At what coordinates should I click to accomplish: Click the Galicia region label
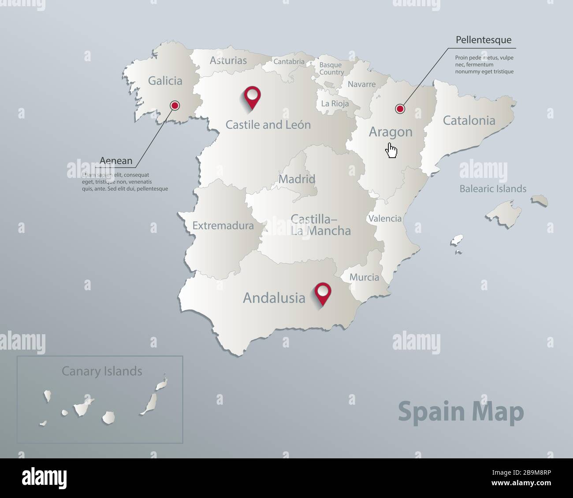pos(165,81)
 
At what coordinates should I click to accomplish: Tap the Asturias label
pos(228,60)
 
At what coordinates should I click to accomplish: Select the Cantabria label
pos(289,62)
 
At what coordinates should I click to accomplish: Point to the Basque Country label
pos(331,69)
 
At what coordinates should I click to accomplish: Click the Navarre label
pos(361,84)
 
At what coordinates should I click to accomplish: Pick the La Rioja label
pos(335,103)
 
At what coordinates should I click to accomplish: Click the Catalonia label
pos(469,120)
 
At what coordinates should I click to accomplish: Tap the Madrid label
pos(297,179)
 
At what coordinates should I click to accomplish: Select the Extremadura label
pos(223,226)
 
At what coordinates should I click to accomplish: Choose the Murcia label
pos(364,277)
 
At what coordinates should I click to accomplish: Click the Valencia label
pos(385,218)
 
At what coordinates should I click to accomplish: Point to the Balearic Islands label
pos(493,189)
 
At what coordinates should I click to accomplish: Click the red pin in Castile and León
pos(253,96)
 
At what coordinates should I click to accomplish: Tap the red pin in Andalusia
pos(323,292)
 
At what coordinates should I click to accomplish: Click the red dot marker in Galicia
pos(175,105)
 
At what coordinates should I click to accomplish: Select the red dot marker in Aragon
pos(400,108)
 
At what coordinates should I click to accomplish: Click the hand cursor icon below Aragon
pos(391,150)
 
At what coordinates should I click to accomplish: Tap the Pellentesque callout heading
pos(484,40)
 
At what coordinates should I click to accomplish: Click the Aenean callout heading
pos(116,161)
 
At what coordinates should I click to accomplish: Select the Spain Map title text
pos(461,412)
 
